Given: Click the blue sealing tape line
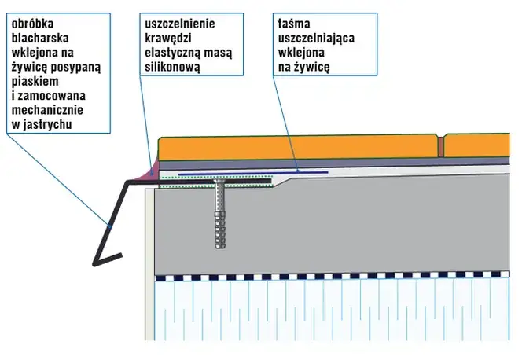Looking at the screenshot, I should coord(252,171).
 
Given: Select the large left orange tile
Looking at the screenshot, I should coord(299,148).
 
